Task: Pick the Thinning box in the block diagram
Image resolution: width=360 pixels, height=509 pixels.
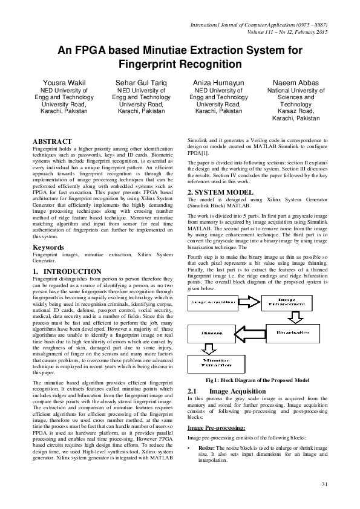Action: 211,332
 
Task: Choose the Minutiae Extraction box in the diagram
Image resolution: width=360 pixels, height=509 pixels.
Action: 211,363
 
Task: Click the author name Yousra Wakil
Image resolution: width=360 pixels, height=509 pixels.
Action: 63,82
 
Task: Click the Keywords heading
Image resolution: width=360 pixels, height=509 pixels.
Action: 48,247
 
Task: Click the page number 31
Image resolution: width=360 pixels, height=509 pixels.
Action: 324,483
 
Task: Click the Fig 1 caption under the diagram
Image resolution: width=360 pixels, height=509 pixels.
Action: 258,380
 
